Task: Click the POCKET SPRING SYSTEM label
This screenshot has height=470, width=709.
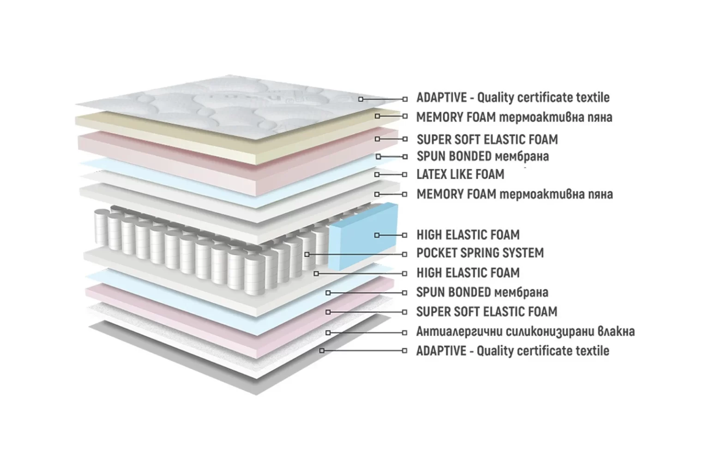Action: tap(480, 253)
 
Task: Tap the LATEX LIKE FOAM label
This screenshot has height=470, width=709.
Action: tap(460, 175)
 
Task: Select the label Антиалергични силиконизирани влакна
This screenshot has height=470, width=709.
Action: tap(525, 331)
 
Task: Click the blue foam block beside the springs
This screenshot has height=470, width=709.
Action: tap(363, 237)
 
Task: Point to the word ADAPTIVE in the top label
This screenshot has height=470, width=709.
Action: tap(442, 97)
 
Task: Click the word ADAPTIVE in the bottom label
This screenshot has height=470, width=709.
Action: tap(441, 351)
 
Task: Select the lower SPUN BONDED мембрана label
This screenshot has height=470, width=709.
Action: tap(482, 292)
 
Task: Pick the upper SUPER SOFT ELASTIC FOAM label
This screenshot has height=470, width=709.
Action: tap(487, 139)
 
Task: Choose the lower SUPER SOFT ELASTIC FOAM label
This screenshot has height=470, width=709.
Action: tap(487, 312)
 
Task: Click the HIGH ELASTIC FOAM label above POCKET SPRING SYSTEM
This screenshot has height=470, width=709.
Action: tap(468, 235)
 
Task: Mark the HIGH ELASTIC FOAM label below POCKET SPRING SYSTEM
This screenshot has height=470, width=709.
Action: tap(468, 273)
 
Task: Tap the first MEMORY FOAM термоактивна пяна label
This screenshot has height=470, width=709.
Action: tap(514, 117)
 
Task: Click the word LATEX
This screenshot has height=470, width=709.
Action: tap(432, 175)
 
